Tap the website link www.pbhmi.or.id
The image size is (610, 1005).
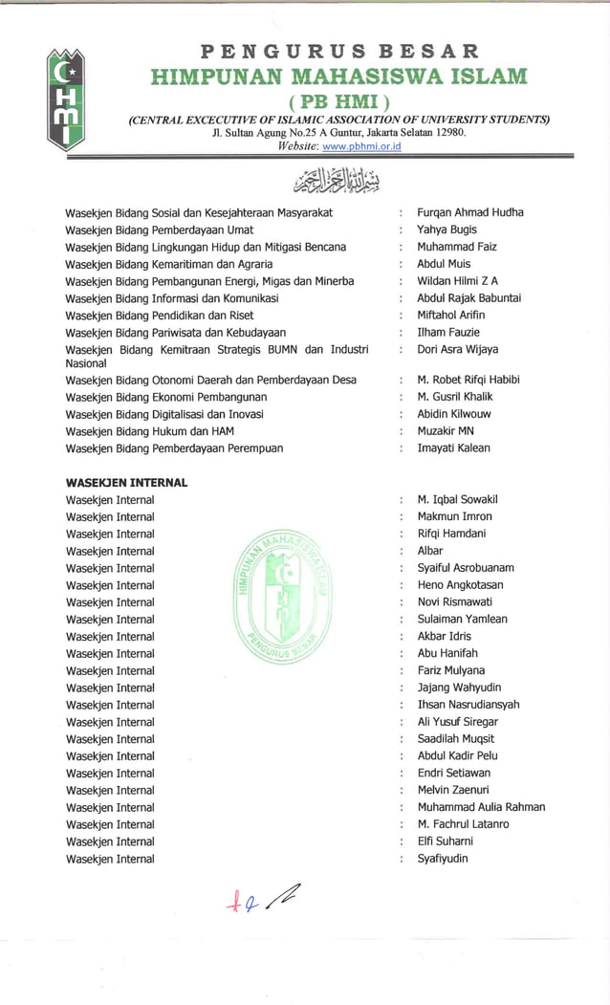tap(361, 146)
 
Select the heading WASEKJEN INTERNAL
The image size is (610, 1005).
tap(126, 483)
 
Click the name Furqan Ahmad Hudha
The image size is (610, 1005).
tap(469, 212)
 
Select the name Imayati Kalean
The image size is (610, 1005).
tap(453, 448)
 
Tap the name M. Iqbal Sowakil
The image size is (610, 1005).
tap(457, 500)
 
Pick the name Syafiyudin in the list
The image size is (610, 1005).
tap(443, 859)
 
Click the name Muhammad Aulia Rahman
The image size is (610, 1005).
tap(481, 807)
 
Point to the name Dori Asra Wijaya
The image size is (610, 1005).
tap(457, 350)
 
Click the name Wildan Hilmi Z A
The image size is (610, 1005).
tap(457, 281)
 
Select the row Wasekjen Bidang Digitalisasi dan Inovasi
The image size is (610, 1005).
tap(164, 414)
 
